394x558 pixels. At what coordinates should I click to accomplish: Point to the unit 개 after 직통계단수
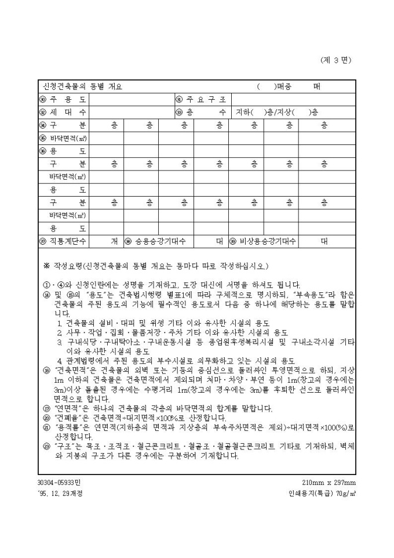114,241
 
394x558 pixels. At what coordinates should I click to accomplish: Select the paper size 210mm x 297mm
329,483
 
